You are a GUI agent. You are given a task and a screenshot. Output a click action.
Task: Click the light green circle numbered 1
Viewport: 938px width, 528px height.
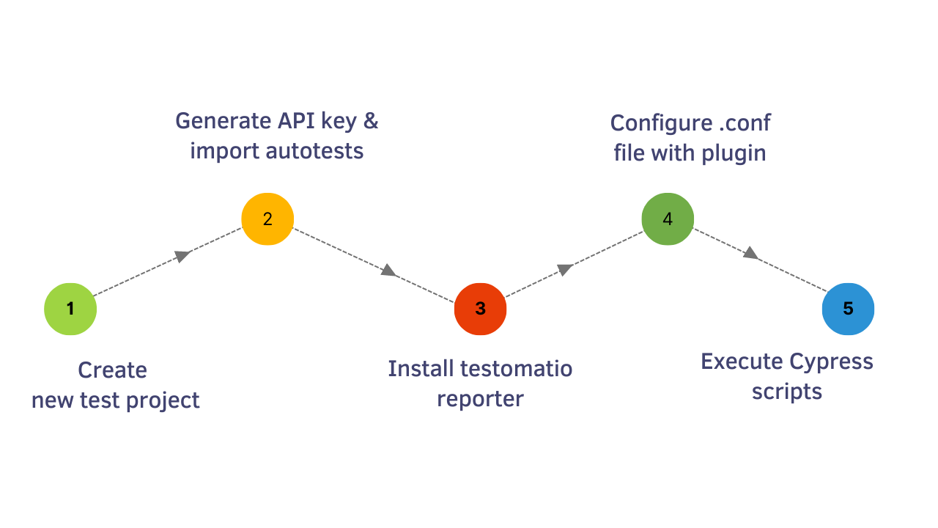[x=70, y=309]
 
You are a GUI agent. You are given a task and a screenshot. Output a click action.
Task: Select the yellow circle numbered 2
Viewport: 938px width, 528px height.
[x=267, y=219]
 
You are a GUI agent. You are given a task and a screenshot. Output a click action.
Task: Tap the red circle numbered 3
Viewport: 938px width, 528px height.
[x=480, y=309]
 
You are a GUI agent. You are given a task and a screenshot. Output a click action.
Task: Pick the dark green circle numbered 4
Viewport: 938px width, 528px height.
[x=668, y=219]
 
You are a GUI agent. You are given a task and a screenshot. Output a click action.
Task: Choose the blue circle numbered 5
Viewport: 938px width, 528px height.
[x=848, y=309]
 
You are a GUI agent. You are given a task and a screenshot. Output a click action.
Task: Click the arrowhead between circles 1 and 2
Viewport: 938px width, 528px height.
[x=182, y=256]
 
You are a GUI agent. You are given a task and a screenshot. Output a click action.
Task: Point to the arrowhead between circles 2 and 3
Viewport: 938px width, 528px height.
[x=388, y=271]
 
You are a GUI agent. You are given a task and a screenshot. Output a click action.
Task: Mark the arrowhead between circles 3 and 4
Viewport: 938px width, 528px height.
[x=564, y=269]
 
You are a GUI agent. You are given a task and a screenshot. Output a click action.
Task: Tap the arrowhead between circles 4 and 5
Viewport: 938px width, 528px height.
[x=750, y=253]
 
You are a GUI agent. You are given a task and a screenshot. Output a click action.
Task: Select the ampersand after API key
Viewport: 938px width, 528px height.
[x=371, y=120]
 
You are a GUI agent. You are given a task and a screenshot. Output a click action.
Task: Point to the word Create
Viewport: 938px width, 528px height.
[x=112, y=370]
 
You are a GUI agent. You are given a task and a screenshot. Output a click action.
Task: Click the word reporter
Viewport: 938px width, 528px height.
[x=480, y=399]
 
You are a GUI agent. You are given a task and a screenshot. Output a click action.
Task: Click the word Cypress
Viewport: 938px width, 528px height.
[x=831, y=362]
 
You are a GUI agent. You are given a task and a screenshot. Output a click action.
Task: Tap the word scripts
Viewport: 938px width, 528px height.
[x=786, y=392]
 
